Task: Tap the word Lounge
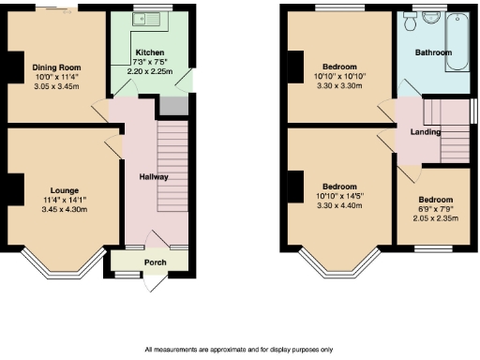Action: pos(65,189)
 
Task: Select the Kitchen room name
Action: pos(150,52)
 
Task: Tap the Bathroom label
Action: pos(433,53)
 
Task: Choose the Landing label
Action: pos(426,132)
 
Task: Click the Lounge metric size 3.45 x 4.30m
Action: pos(65,209)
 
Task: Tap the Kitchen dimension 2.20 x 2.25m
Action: pos(150,72)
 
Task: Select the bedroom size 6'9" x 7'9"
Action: pos(434,210)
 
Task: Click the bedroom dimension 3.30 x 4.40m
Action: pos(338,204)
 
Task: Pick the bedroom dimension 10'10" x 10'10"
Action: pos(338,77)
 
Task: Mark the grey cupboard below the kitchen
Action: pos(172,105)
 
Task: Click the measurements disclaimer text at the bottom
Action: pos(238,350)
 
